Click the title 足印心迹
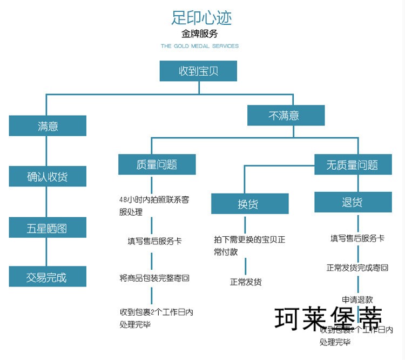201,18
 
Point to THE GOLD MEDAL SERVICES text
200,46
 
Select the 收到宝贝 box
198,71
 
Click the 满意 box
48,126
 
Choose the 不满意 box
285,115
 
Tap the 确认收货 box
48,176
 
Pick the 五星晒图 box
48,228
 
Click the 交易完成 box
48,277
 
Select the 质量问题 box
157,164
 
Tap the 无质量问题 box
353,164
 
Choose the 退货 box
353,202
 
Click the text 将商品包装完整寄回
154,278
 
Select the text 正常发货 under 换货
246,282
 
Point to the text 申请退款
357,299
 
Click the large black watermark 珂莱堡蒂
329,318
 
